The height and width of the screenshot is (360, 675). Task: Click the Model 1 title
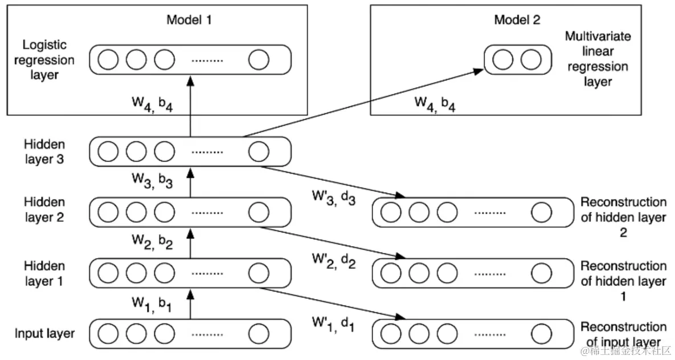click(190, 20)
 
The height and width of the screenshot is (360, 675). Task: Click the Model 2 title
click(517, 20)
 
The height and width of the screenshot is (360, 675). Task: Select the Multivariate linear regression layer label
click(598, 59)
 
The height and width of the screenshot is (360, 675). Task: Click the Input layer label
click(45, 333)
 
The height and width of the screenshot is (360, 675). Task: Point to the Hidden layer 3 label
click(44, 152)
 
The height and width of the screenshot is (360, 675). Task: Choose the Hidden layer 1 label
click(44, 273)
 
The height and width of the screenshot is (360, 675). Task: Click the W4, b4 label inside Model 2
click(434, 104)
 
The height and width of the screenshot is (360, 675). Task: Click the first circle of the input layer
click(108, 334)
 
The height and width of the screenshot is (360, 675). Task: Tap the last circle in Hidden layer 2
click(259, 213)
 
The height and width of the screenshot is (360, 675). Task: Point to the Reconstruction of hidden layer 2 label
click(623, 217)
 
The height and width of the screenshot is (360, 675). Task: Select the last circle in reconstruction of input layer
click(541, 334)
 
